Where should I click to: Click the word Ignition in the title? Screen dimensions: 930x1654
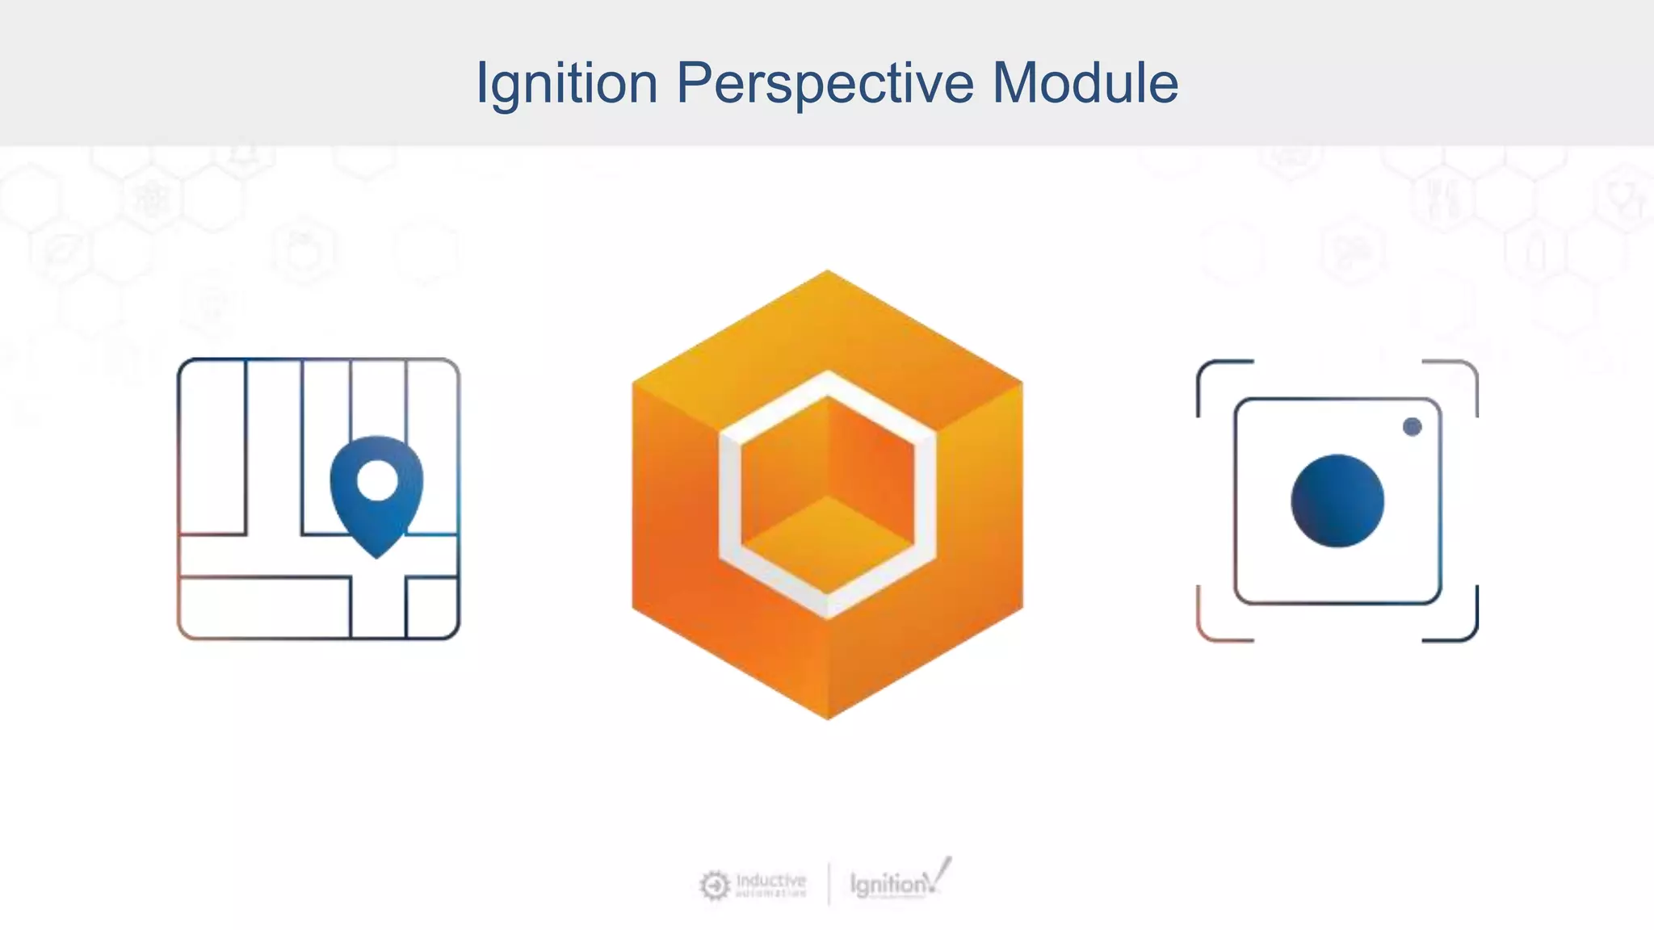[x=567, y=84]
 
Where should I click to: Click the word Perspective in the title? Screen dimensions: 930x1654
[x=825, y=84]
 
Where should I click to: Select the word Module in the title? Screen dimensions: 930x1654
[x=1085, y=82]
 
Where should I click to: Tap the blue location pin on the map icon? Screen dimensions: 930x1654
[x=376, y=517]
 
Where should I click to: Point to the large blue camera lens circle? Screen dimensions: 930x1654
[x=1337, y=501]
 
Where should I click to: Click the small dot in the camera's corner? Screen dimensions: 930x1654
[x=1412, y=426]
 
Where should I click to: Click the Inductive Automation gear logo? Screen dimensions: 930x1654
[x=714, y=886]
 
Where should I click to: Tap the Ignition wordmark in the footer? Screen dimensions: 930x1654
[x=889, y=885]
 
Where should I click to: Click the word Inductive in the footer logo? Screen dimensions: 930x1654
[x=771, y=879]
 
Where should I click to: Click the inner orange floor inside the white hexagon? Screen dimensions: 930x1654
[x=827, y=533]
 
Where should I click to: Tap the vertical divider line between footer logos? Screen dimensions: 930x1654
[x=829, y=884]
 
